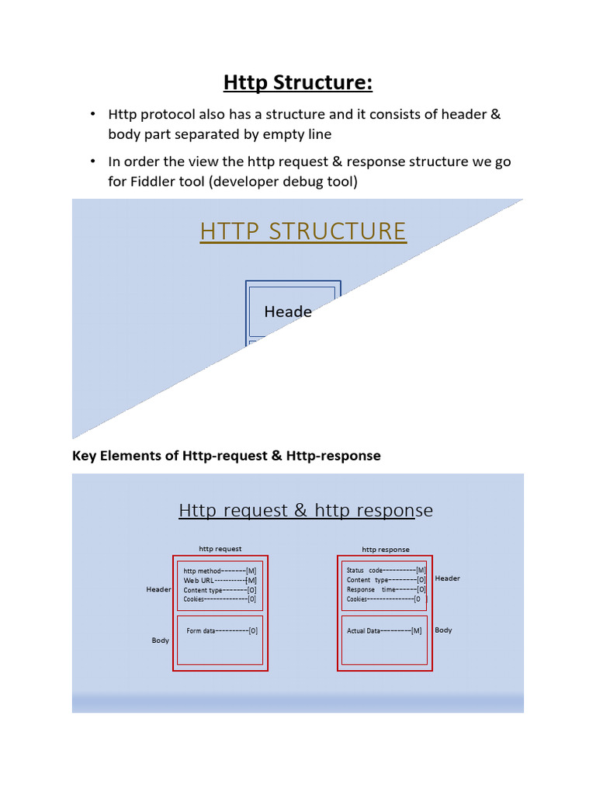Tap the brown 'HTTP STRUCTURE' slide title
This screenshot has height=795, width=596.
click(303, 231)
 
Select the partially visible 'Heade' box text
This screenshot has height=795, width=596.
click(288, 312)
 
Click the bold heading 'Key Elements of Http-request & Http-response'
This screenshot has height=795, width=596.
click(227, 456)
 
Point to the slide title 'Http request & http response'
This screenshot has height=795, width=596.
click(306, 510)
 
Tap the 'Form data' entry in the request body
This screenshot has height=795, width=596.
click(222, 631)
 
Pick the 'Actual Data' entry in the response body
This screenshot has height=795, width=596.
click(384, 631)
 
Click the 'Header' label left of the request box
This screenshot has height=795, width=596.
click(158, 589)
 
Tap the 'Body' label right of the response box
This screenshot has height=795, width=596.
click(443, 630)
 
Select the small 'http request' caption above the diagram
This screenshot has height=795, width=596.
click(220, 549)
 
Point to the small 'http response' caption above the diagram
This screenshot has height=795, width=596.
click(386, 549)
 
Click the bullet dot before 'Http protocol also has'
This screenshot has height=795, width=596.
click(92, 115)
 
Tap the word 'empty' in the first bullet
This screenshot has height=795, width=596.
click(286, 134)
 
